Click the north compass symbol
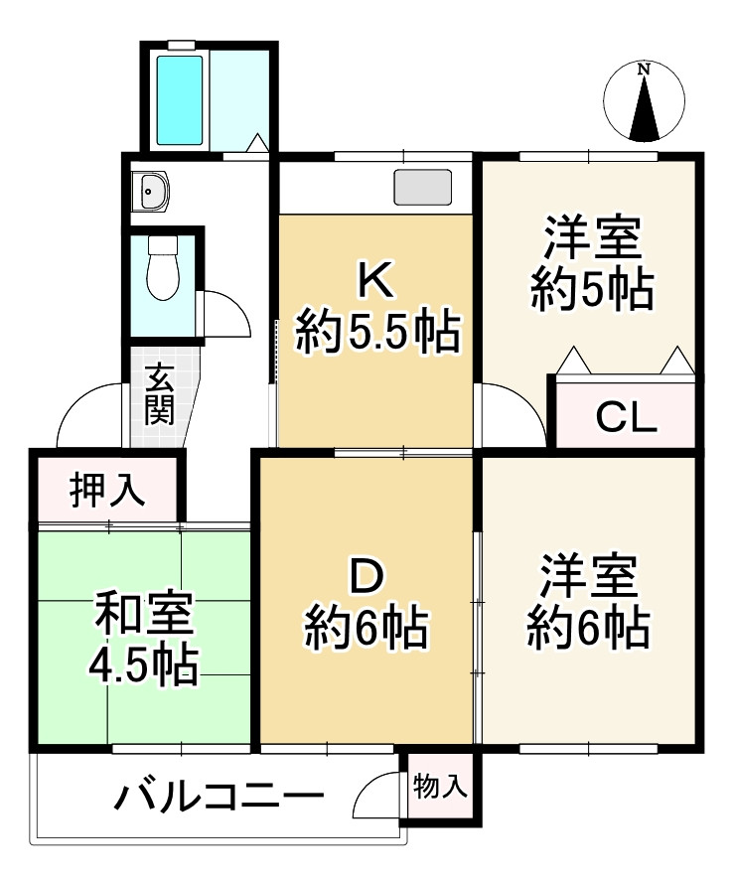pyautogui.click(x=646, y=101)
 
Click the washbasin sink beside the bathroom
pyautogui.click(x=152, y=191)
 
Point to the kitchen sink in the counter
pyautogui.click(x=422, y=188)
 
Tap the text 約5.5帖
pyautogui.click(x=378, y=333)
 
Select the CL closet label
pyautogui.click(x=626, y=419)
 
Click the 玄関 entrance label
pyautogui.click(x=159, y=394)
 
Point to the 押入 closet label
pyautogui.click(x=107, y=491)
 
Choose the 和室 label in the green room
pyautogui.click(x=145, y=616)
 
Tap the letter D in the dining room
pyautogui.click(x=366, y=577)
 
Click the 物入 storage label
pyautogui.click(x=439, y=788)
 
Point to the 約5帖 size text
pyautogui.click(x=591, y=290)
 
